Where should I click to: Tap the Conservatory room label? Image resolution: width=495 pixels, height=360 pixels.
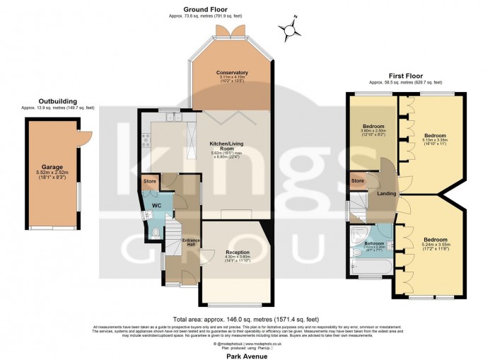point(232,72)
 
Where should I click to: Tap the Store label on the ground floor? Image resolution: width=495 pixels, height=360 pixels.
point(149,181)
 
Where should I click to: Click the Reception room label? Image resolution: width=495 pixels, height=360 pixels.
point(238,252)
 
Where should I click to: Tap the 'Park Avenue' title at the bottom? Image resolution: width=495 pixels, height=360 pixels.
point(247,356)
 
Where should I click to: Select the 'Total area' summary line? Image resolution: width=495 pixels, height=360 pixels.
point(247,319)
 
